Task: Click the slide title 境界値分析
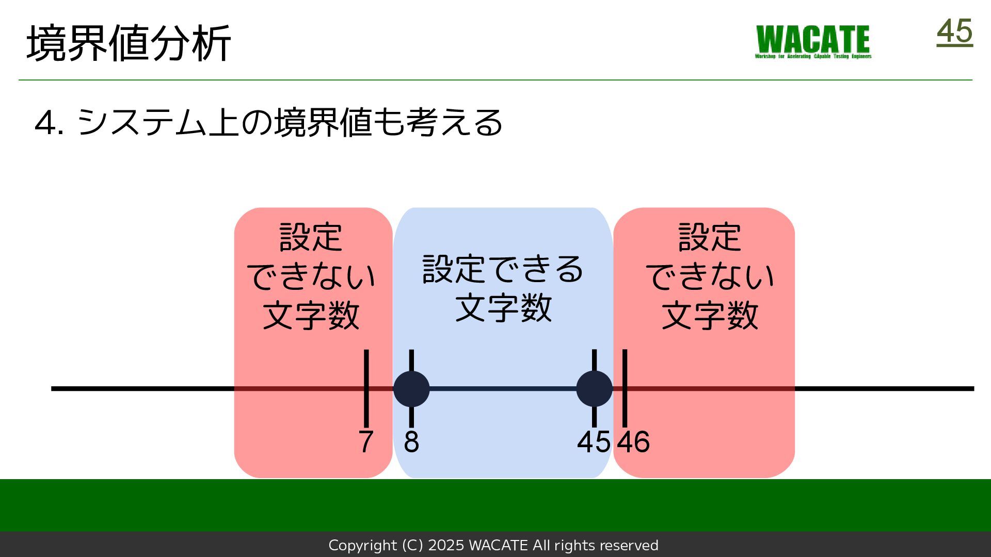129,43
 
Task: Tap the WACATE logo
813,41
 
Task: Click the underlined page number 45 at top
954,32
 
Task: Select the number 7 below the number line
366,442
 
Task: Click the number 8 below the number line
411,442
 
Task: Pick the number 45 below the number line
594,442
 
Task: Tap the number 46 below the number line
634,442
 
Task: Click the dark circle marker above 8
411,389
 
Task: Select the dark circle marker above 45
594,389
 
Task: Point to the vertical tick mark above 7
366,366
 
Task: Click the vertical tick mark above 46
625,366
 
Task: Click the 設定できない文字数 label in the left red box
311,276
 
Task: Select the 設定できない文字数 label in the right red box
710,276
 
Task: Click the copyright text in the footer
493,545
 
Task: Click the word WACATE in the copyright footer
498,545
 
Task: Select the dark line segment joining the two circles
503,389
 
